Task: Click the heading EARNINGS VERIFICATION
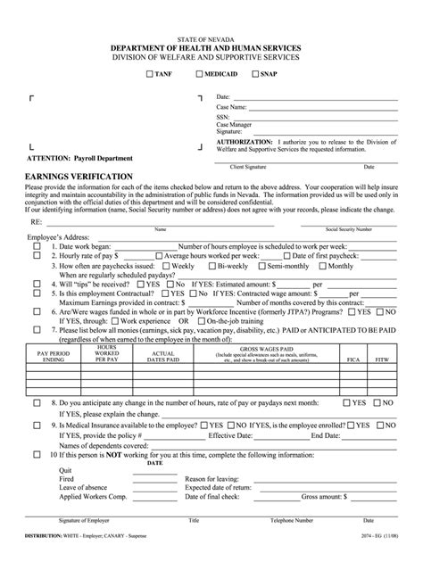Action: [79, 177]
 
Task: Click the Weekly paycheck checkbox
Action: [167, 266]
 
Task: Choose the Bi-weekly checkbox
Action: [212, 266]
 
